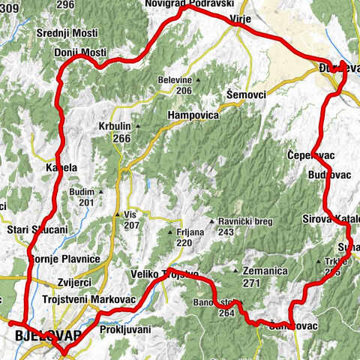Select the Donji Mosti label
click(x=80, y=52)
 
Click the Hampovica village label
click(x=193, y=116)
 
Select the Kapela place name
click(x=62, y=167)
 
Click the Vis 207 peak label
click(x=131, y=220)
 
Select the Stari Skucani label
click(x=37, y=229)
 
